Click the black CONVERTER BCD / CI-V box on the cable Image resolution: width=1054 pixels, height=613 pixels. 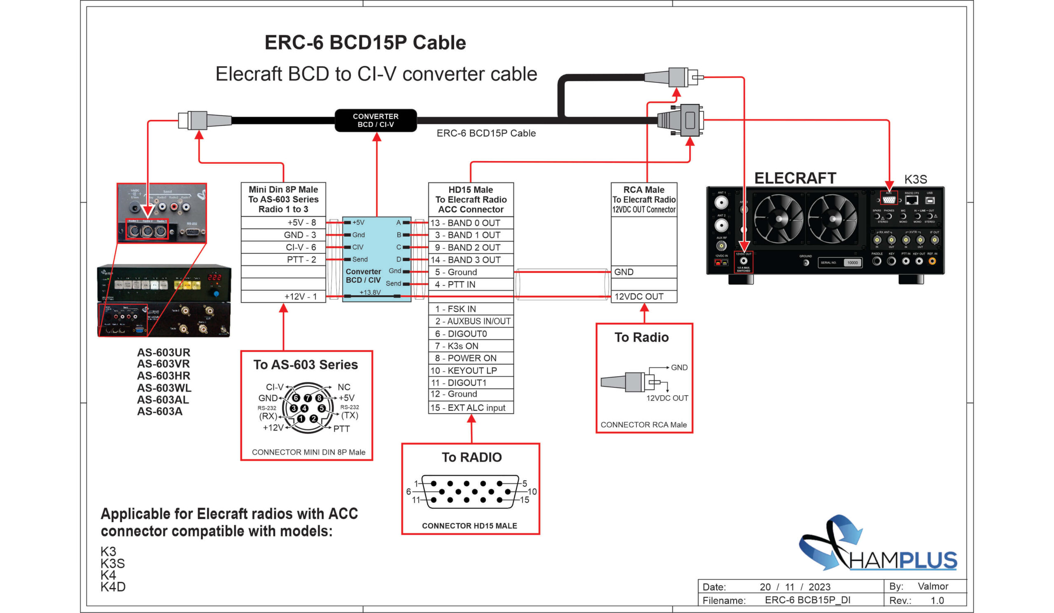(x=375, y=121)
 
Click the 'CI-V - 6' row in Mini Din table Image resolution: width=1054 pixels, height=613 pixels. (x=284, y=247)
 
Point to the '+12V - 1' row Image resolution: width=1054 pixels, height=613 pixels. (x=284, y=296)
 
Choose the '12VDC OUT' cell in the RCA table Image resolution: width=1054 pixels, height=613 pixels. (x=643, y=296)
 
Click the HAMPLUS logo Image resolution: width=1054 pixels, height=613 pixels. (x=878, y=548)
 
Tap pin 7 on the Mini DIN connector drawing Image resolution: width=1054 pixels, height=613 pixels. (x=308, y=398)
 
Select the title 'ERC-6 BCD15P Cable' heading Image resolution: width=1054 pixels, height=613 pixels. (x=365, y=43)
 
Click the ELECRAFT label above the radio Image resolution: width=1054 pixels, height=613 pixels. (x=795, y=178)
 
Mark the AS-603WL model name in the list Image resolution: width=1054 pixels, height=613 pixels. (x=164, y=388)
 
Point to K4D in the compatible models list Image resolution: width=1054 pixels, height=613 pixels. (x=113, y=587)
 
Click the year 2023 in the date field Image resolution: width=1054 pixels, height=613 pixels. (x=819, y=587)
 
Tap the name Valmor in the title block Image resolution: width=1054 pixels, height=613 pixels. (x=933, y=586)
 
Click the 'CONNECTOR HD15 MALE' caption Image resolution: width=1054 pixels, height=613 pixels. (x=469, y=526)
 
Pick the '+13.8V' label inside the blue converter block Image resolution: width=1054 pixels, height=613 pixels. (x=370, y=292)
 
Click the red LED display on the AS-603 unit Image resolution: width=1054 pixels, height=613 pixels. (x=215, y=277)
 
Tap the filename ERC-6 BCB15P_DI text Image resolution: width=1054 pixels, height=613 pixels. (x=807, y=600)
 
